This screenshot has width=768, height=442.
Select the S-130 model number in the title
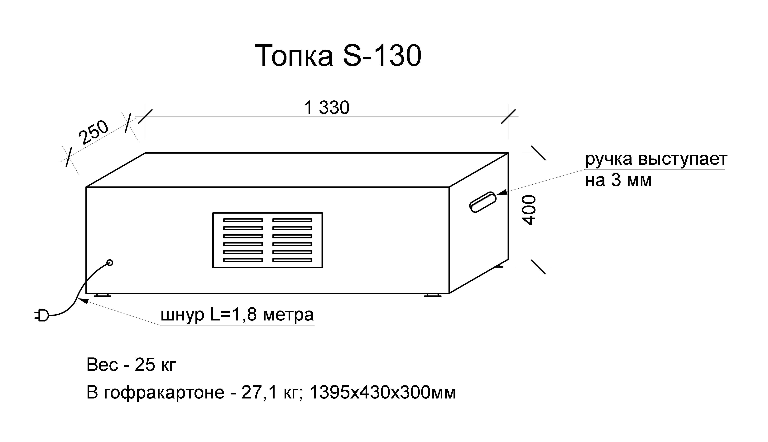(x=382, y=56)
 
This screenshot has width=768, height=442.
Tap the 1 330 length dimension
(x=327, y=108)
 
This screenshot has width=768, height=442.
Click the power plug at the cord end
(x=42, y=315)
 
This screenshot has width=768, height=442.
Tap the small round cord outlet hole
(x=110, y=262)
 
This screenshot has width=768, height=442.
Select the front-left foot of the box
(x=102, y=295)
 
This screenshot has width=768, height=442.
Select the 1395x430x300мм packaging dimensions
(x=382, y=393)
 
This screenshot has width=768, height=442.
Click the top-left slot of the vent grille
(x=243, y=220)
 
